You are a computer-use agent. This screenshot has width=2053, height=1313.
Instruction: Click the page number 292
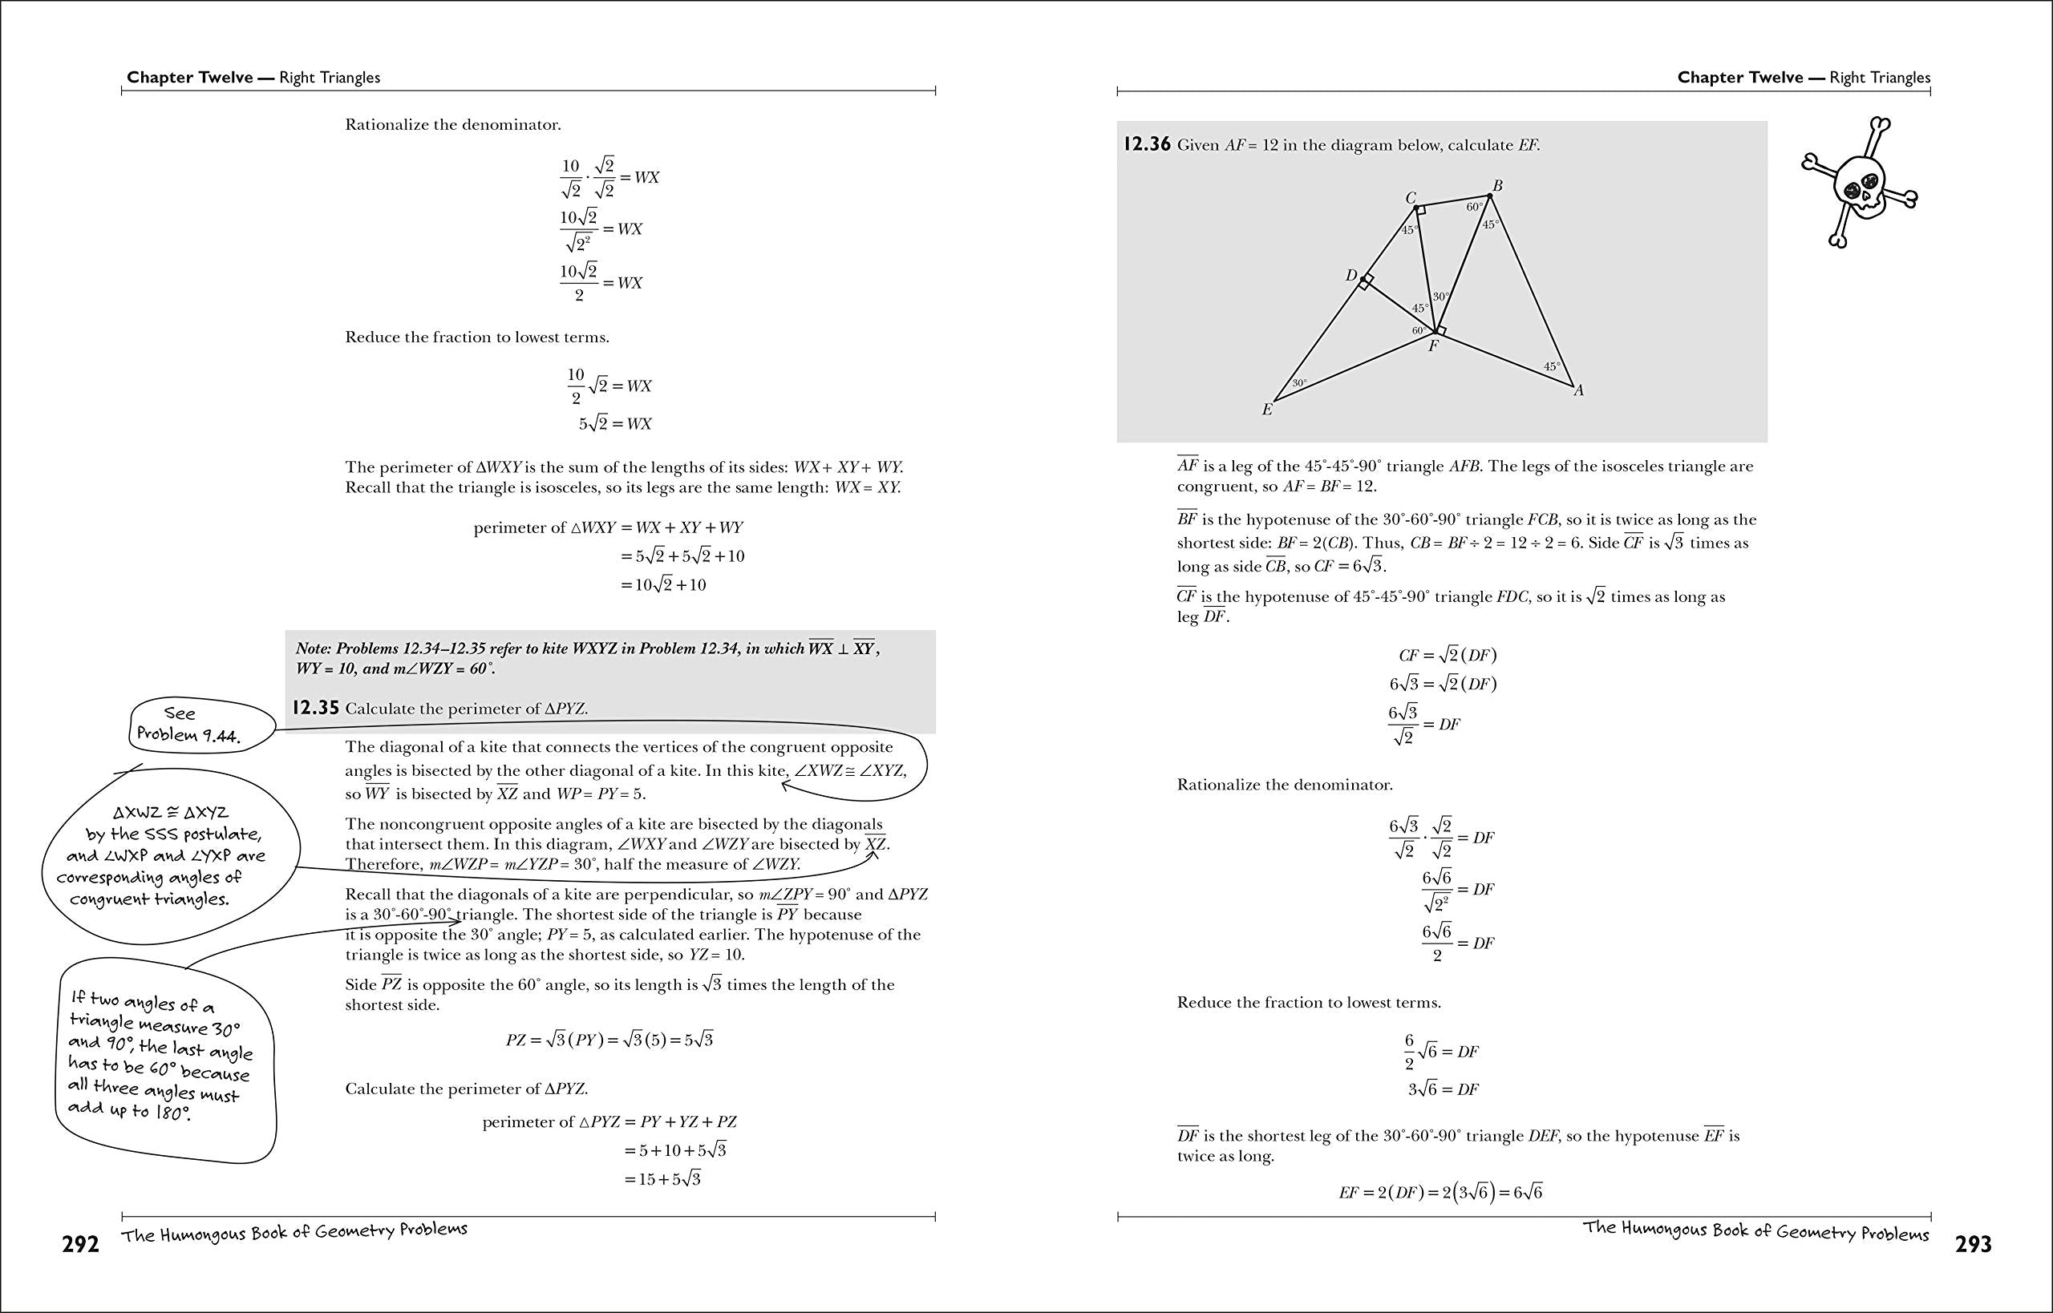click(x=80, y=1245)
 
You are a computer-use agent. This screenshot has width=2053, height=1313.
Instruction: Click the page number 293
click(x=1972, y=1245)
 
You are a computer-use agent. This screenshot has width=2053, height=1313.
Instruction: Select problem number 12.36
click(x=1146, y=144)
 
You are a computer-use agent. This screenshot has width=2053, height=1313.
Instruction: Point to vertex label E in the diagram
click(x=1266, y=410)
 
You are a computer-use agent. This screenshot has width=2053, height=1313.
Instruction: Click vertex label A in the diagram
click(x=1578, y=390)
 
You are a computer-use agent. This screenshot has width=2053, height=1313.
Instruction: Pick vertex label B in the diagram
click(x=1497, y=185)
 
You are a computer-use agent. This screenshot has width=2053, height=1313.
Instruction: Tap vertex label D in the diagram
click(x=1351, y=276)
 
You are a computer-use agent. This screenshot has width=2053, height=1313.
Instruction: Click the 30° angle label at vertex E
click(x=1299, y=384)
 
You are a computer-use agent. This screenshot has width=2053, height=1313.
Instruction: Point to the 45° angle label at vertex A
click(x=1552, y=366)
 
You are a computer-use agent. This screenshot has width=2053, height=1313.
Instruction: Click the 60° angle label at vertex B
click(x=1474, y=207)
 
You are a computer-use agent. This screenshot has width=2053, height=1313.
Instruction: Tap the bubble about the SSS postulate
click(x=166, y=855)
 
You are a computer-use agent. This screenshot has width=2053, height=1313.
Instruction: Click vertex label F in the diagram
click(x=1433, y=346)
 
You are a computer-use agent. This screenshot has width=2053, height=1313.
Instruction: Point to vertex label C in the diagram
click(x=1411, y=198)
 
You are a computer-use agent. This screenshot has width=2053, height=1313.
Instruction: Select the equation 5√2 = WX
click(x=615, y=424)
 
